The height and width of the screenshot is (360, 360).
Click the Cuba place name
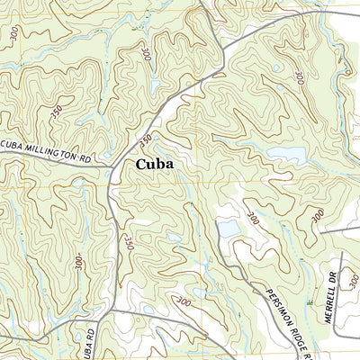tap(155, 166)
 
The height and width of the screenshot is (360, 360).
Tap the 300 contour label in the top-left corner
tap(13, 34)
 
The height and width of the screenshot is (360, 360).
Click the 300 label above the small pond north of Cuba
tap(146, 55)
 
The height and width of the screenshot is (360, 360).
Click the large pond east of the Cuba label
tap(290, 155)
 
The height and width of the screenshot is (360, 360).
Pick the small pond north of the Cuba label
tap(156, 86)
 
